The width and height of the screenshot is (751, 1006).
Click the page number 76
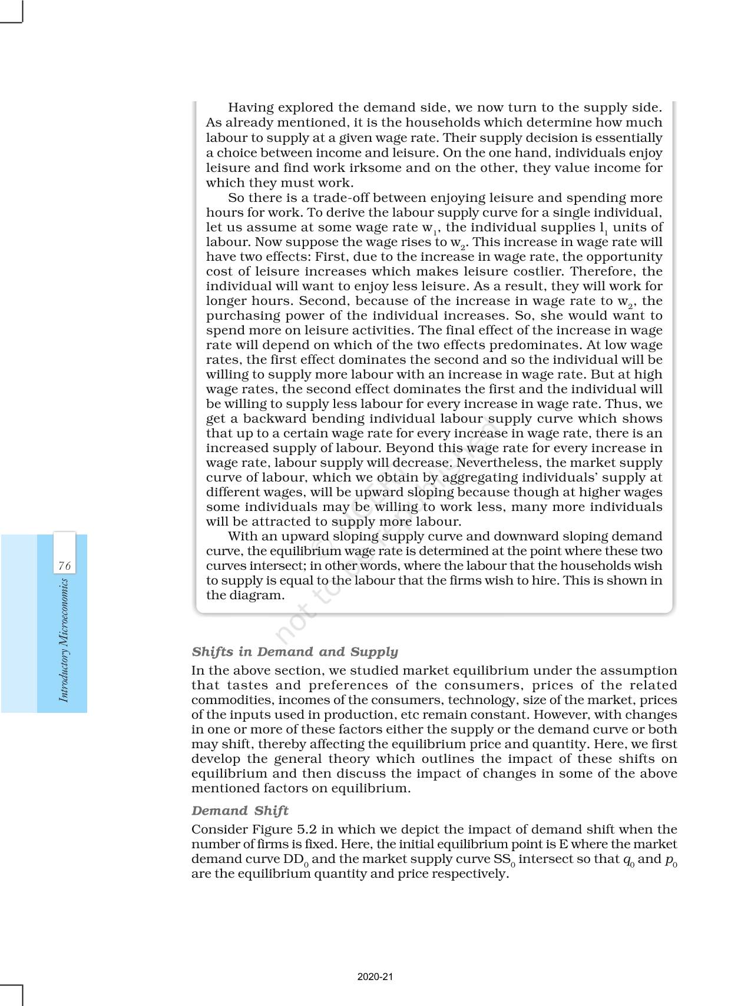(x=65, y=566)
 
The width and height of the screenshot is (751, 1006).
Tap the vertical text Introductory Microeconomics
(x=64, y=640)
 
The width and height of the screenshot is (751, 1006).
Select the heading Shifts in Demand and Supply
(x=295, y=652)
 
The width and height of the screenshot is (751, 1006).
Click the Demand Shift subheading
(x=240, y=811)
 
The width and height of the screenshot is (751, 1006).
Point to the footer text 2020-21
(x=375, y=977)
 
